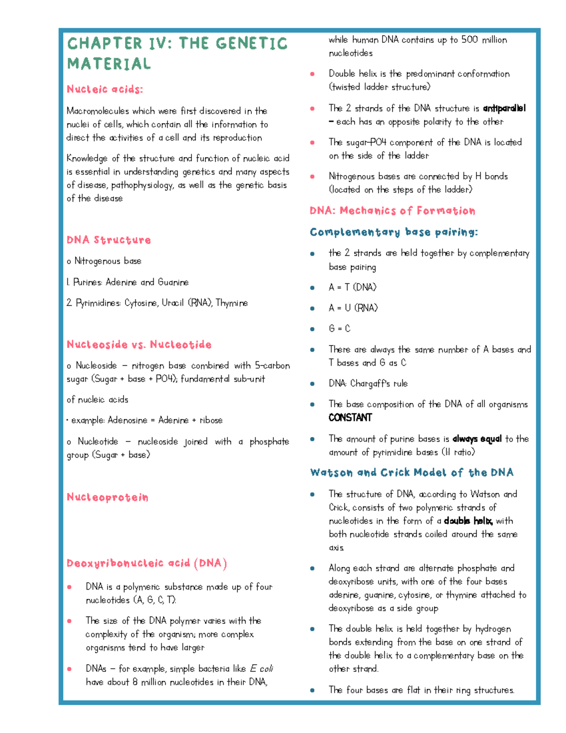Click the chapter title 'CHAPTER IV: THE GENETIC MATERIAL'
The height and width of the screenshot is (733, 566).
tap(177, 53)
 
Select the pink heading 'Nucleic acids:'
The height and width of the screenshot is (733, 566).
tap(105, 89)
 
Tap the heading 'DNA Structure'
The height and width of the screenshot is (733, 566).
tap(108, 240)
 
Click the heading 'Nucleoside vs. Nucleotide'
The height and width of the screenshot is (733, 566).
tap(139, 345)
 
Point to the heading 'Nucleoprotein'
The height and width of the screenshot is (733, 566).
tap(107, 497)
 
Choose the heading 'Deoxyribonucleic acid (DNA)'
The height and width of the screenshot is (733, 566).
tap(147, 563)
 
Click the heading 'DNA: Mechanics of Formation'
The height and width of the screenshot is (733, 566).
tap(392, 211)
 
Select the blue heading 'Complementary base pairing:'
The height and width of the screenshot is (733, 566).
tap(394, 232)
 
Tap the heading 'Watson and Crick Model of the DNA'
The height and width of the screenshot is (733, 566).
tap(411, 472)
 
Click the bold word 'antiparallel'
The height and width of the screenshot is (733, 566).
tap(504, 108)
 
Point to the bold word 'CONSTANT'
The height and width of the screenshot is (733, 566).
tap(350, 418)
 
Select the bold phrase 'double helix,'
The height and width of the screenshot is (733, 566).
tap(468, 521)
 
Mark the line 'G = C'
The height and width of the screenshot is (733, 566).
tap(340, 329)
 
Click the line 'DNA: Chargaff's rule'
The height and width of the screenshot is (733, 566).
tap(368, 384)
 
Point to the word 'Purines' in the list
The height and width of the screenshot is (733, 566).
tap(88, 282)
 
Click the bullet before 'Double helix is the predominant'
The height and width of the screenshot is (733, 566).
tap(312, 74)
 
